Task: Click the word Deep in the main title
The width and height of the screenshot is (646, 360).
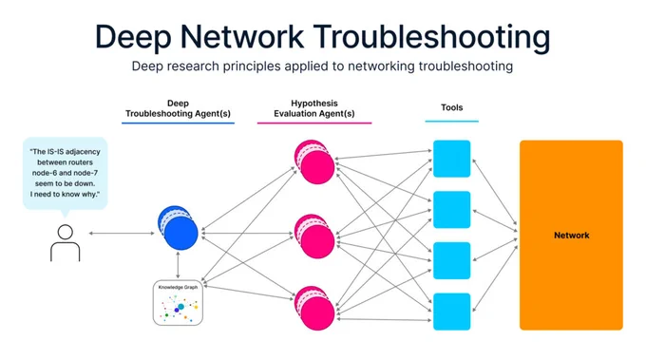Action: [x=133, y=38]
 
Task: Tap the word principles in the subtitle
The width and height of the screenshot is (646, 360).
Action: [x=252, y=66]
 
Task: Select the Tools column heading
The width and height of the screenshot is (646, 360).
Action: [x=451, y=107]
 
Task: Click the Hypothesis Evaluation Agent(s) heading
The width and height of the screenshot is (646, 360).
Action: [x=313, y=108]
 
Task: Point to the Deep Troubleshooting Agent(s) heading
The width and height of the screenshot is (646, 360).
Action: [x=178, y=108]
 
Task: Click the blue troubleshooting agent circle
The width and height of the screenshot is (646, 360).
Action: [x=178, y=228]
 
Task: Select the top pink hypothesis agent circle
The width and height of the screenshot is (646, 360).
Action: [x=314, y=161]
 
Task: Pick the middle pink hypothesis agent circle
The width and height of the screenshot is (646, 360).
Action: [x=314, y=236]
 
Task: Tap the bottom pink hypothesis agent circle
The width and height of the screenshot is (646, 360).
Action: [x=314, y=308]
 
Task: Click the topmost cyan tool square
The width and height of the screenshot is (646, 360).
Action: [x=451, y=159]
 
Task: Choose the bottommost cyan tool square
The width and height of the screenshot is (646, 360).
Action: [x=451, y=312]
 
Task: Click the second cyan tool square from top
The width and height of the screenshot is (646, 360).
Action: [x=451, y=210]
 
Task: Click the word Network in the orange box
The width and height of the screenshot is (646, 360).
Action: [x=572, y=236]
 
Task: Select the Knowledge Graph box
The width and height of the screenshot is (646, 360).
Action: [x=178, y=303]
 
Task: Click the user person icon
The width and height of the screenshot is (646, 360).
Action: [x=66, y=243]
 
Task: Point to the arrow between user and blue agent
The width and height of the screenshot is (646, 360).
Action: [x=122, y=233]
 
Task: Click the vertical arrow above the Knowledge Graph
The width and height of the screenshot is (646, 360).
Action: [x=178, y=265]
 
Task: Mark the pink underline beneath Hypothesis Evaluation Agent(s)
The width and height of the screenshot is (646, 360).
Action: [x=314, y=123]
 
